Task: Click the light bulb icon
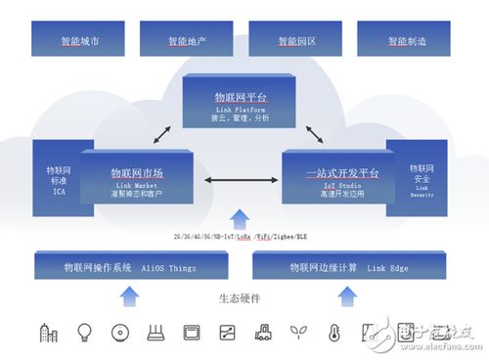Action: point(84,333)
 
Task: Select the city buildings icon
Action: point(48,333)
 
